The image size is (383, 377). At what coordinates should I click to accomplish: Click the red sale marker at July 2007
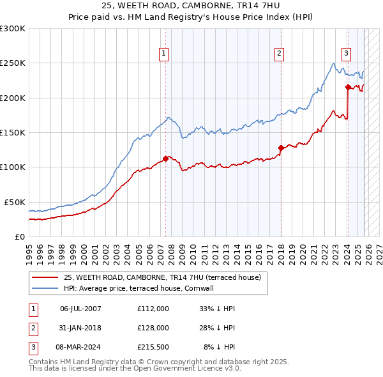165,158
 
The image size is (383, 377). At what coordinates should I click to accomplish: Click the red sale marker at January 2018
280,148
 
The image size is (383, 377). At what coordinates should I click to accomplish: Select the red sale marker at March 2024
347,87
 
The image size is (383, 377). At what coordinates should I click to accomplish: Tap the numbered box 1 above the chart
165,54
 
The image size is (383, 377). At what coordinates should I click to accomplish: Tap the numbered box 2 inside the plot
280,54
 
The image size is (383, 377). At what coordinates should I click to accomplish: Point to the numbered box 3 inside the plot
346,54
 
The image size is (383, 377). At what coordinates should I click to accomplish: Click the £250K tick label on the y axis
13,63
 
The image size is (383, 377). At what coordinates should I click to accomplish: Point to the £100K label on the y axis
13,167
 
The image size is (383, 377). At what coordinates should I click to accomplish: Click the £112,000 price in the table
153,309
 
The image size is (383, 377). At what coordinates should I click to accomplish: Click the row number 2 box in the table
32,327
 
